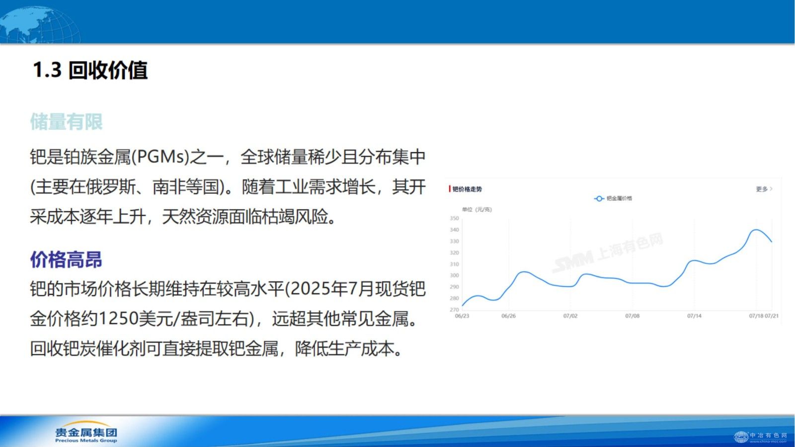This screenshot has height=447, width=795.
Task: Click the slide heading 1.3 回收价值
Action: click(x=90, y=70)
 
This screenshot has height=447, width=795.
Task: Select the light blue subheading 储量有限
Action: click(x=66, y=122)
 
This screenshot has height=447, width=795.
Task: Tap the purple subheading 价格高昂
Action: click(x=66, y=260)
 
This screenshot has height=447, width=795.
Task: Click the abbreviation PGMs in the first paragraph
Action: click(x=161, y=157)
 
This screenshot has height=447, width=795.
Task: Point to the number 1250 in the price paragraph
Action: click(x=118, y=319)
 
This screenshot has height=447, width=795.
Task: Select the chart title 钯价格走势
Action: click(x=467, y=189)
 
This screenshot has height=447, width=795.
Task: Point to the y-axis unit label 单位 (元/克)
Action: click(x=477, y=209)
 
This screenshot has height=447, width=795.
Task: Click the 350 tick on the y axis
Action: click(x=454, y=218)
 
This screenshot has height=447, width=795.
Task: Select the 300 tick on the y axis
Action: click(x=454, y=275)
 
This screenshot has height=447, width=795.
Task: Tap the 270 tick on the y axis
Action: click(x=454, y=310)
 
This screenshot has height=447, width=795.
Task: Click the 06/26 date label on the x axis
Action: click(x=508, y=316)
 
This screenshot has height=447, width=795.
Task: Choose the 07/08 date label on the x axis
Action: click(x=632, y=316)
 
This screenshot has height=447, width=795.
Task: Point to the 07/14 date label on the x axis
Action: click(x=694, y=316)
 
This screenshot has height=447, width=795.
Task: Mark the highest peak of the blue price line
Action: click(x=756, y=230)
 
